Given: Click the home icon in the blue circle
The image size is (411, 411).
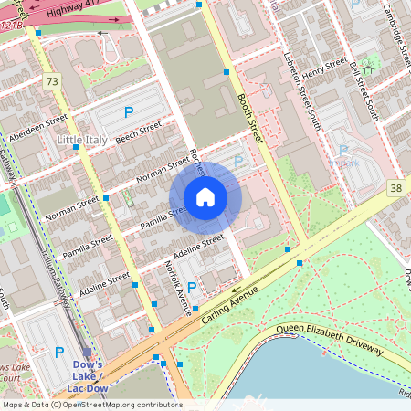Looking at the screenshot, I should coord(205,197).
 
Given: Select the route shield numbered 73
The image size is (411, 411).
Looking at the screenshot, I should coord(51,82).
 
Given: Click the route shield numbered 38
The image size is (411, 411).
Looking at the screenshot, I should coord(395,188).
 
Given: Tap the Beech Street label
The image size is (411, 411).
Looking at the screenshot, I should coord(138,130).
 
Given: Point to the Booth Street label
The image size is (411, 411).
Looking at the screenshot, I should coord(248,118).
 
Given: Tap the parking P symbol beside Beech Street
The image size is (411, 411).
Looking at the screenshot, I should coord(129,112).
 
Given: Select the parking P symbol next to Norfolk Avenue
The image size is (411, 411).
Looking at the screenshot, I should coord(192,288).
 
